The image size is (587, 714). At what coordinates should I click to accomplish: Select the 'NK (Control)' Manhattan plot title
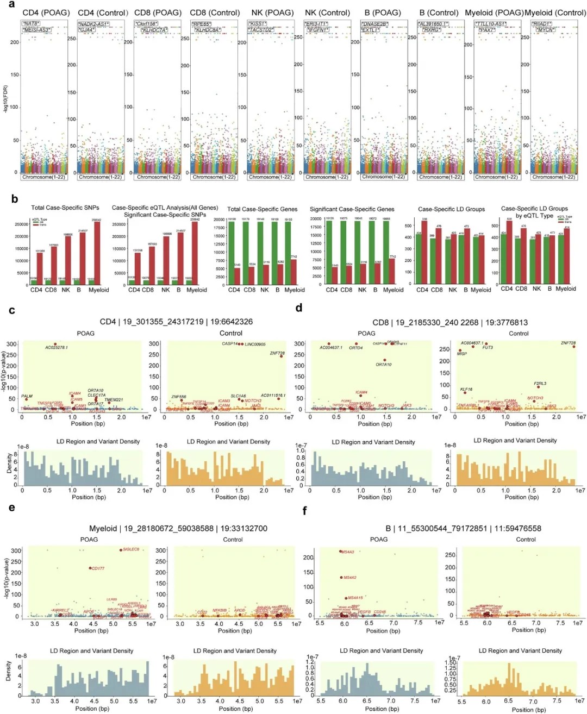pyautogui.click(x=327, y=12)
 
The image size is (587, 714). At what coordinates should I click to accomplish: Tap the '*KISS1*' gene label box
pyautogui.click(x=258, y=24)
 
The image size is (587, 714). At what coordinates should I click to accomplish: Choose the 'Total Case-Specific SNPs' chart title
pyautogui.click(x=65, y=208)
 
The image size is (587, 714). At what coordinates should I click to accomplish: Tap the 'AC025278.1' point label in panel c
pyautogui.click(x=57, y=348)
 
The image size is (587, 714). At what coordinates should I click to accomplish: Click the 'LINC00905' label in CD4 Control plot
pyautogui.click(x=255, y=345)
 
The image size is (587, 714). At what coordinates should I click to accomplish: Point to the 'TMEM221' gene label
pyautogui.click(x=114, y=400)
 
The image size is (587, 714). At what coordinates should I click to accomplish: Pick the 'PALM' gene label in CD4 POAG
pyautogui.click(x=27, y=397)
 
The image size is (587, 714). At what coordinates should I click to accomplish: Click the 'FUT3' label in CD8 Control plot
pyautogui.click(x=488, y=347)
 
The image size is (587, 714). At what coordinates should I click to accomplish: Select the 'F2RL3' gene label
pyautogui.click(x=540, y=383)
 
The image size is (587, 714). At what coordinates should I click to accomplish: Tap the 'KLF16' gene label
pyautogui.click(x=466, y=390)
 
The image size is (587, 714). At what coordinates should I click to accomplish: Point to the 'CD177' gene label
pyautogui.click(x=98, y=568)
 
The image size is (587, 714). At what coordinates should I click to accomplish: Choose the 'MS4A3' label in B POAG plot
pyautogui.click(x=348, y=552)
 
